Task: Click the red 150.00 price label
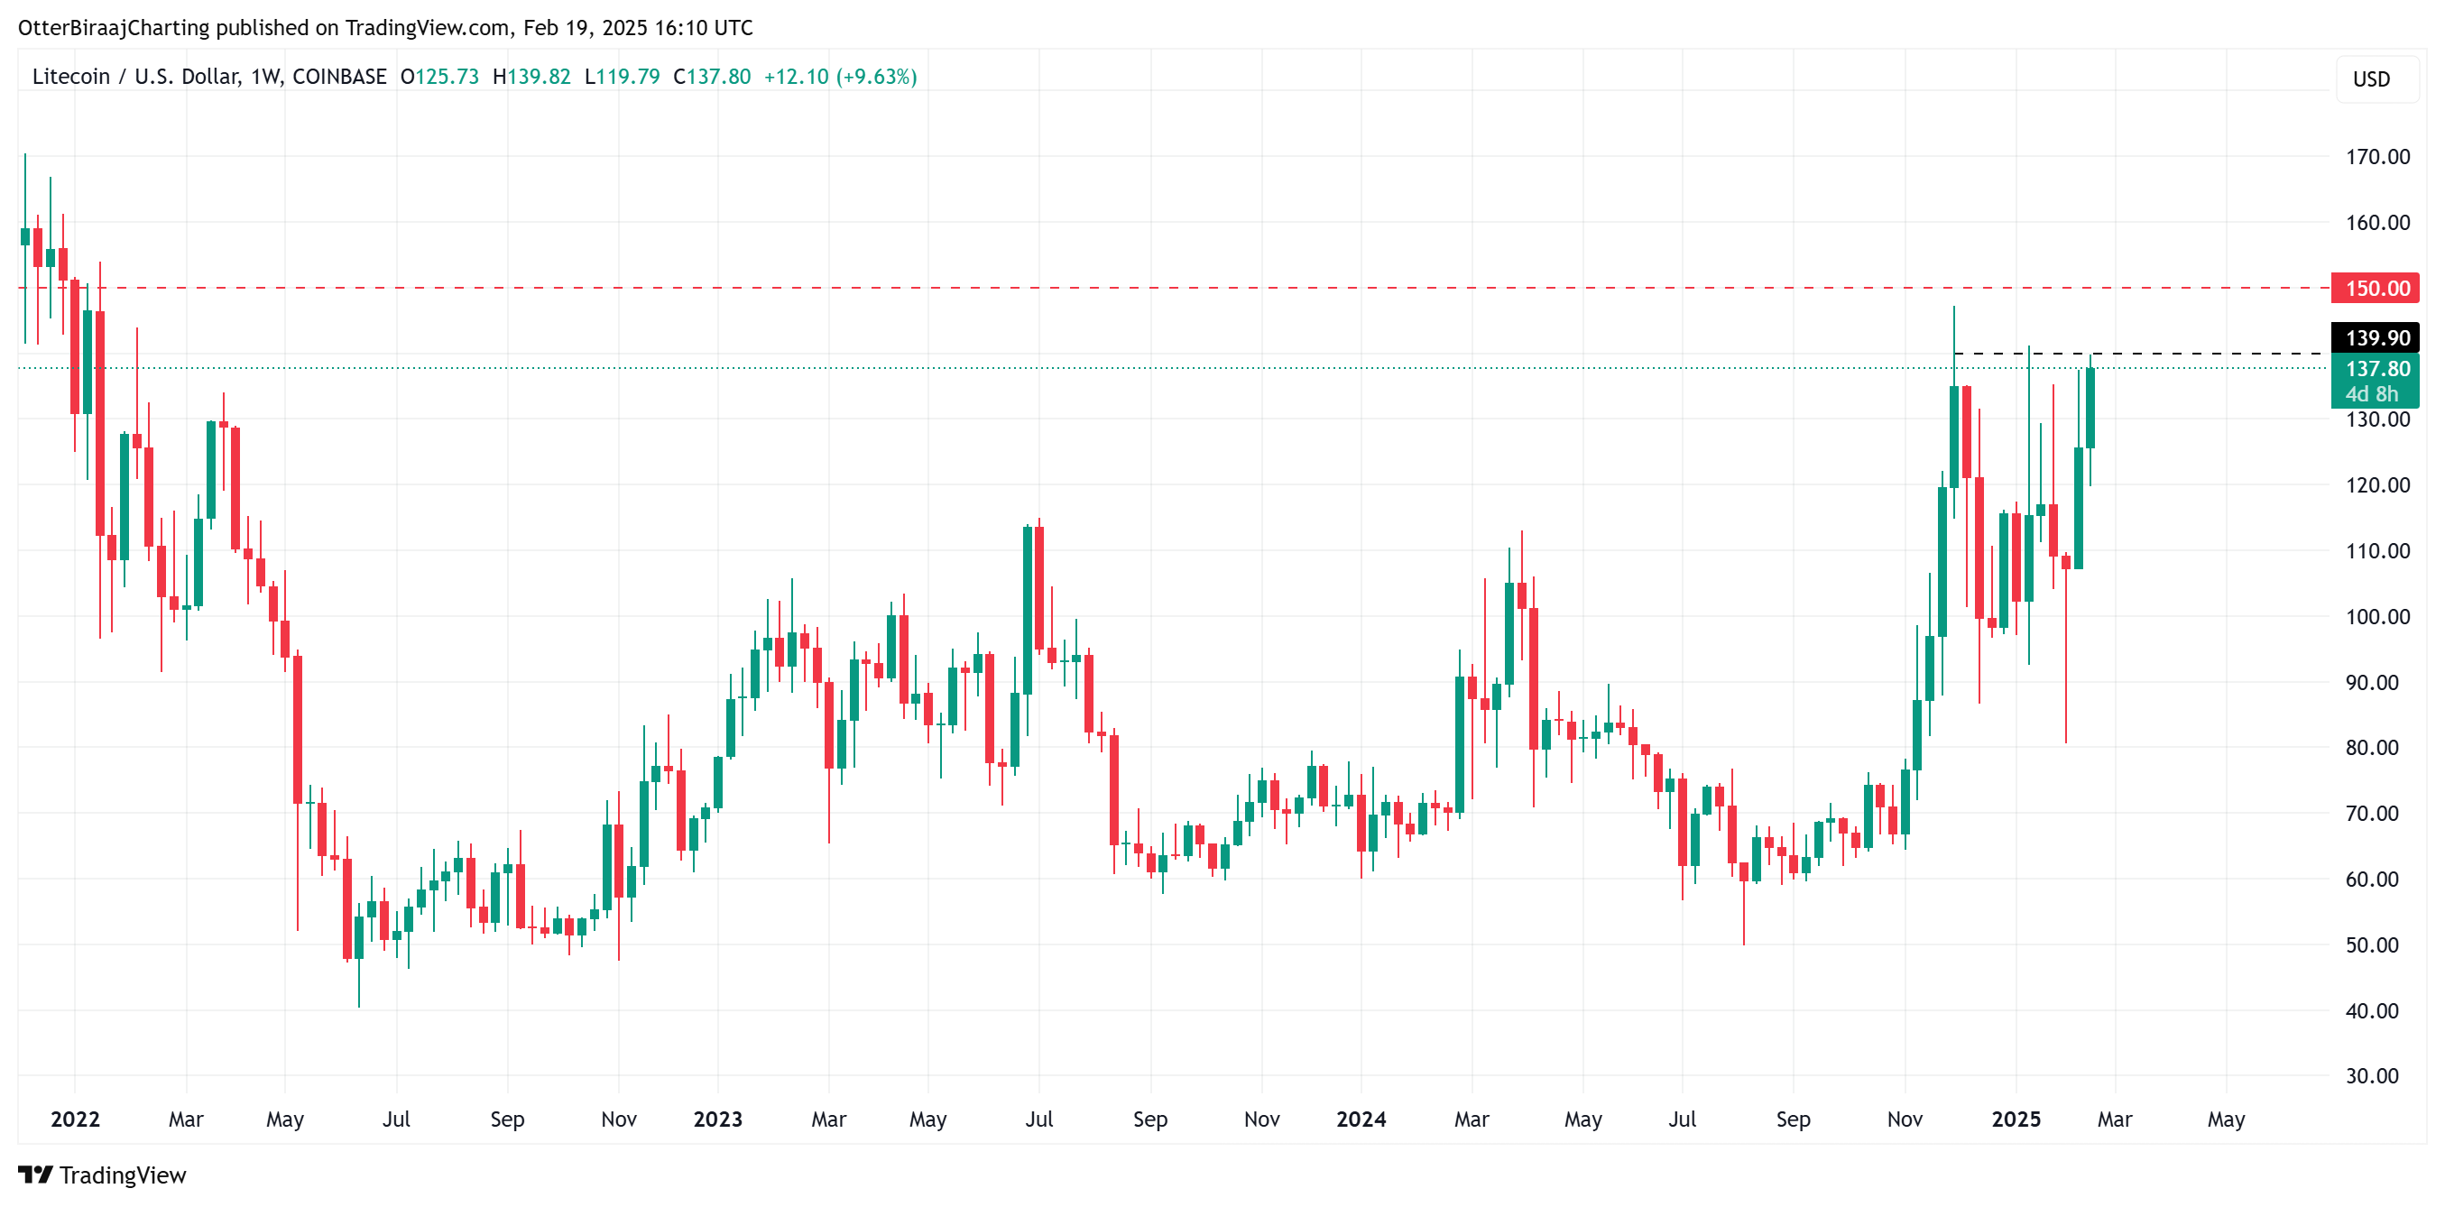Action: coord(2375,288)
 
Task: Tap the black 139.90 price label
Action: coord(2375,337)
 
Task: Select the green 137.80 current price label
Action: coord(2375,369)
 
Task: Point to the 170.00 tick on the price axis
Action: coord(2376,157)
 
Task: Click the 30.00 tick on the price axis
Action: coord(2371,1075)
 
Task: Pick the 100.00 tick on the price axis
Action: coord(2376,617)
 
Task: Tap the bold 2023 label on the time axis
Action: coord(717,1119)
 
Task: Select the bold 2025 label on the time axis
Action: coord(2015,1119)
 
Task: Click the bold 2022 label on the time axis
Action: coord(75,1119)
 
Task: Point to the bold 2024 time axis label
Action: coord(1361,1119)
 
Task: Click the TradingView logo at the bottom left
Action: coord(103,1175)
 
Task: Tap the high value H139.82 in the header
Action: coord(531,77)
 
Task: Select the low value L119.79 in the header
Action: coord(622,77)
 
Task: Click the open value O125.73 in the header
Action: coord(439,77)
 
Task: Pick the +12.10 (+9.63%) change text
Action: coord(840,77)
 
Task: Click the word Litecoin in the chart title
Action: coord(71,77)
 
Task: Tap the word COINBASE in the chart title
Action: coord(339,77)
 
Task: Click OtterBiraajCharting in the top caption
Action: coord(114,28)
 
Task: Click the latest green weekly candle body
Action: coord(2090,408)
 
